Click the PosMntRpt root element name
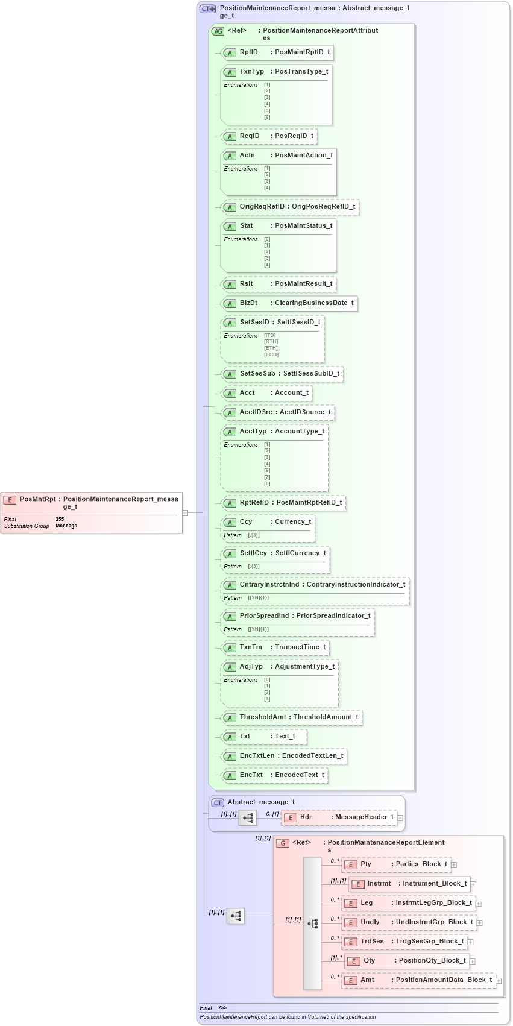[x=37, y=499]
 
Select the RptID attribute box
[x=278, y=52]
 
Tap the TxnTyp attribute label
[x=251, y=72]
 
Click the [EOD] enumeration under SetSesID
[x=271, y=354]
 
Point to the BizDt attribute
[x=290, y=303]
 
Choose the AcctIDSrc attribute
[x=278, y=412]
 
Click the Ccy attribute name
[x=246, y=522]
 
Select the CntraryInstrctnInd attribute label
[x=269, y=585]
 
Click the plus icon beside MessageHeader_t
[x=400, y=818]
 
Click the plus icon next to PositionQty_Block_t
[x=473, y=961]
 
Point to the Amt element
[x=418, y=980]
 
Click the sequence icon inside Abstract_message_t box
[x=248, y=818]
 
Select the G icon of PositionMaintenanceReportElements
[x=283, y=843]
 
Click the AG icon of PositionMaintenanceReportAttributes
[x=218, y=31]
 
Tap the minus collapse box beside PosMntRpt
[x=186, y=513]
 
